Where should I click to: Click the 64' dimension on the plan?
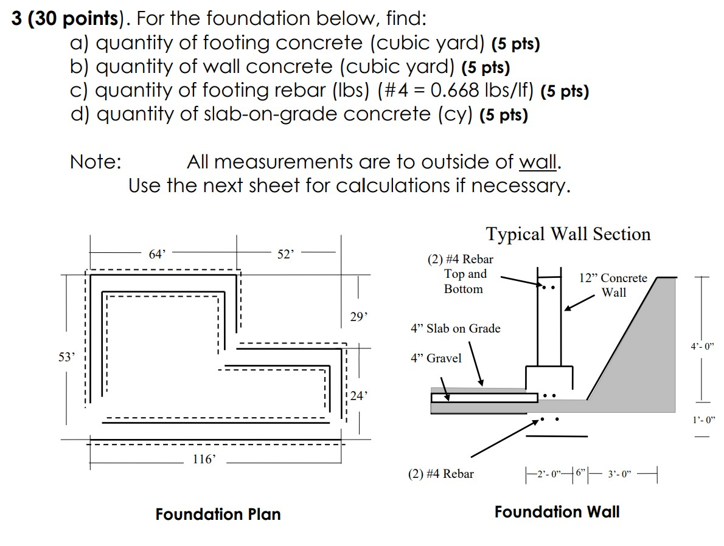157,255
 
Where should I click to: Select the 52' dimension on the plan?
285,255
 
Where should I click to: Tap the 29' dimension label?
359,317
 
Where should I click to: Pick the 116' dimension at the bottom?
203,460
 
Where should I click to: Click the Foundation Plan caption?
218,514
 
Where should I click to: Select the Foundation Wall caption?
557,512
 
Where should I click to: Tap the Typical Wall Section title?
568,234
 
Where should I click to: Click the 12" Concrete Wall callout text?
613,285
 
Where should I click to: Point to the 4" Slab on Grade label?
455,328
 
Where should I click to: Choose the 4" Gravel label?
436,358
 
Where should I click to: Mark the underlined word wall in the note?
538,162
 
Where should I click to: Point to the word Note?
96,162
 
